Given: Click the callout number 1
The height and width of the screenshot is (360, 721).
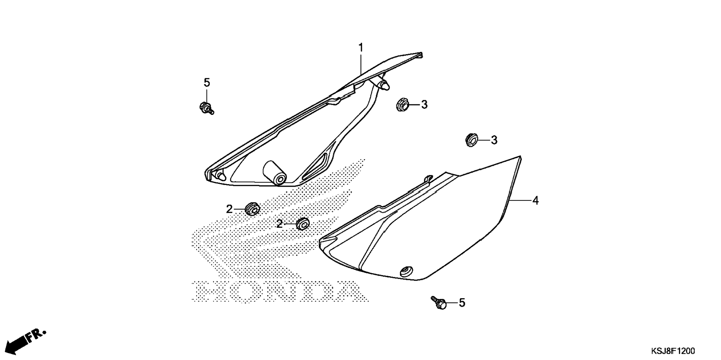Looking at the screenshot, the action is [360, 48].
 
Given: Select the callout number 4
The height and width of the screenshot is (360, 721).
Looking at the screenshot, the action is [535, 201].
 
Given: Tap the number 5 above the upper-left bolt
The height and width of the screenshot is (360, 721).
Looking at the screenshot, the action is [207, 82].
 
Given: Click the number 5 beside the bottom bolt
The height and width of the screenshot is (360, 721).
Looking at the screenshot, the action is [462, 303].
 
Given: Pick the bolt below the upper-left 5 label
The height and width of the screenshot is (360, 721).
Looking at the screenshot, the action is [206, 108].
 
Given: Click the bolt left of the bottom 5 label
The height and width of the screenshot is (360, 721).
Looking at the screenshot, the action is [439, 303].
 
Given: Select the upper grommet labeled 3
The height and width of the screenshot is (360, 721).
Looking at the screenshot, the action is [402, 104].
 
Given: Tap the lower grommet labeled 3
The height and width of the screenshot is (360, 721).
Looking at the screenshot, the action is [472, 140].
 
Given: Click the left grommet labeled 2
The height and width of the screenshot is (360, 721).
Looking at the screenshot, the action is [252, 209].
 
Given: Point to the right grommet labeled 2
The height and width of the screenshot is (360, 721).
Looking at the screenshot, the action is [302, 224].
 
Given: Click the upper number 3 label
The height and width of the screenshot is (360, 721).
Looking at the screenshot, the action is [424, 105].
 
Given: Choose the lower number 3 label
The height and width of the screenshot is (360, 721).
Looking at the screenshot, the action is [494, 140].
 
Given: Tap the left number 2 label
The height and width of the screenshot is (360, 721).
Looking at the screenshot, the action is [229, 209].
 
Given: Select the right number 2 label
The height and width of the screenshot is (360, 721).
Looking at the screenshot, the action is [280, 224].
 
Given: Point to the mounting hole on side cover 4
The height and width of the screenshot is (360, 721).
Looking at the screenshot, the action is [406, 271].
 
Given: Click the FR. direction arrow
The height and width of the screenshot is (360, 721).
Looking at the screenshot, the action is [26, 341].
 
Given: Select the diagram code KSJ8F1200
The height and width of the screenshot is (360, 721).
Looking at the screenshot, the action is [673, 351].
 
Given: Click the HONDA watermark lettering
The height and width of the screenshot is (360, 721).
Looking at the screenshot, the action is [280, 291].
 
